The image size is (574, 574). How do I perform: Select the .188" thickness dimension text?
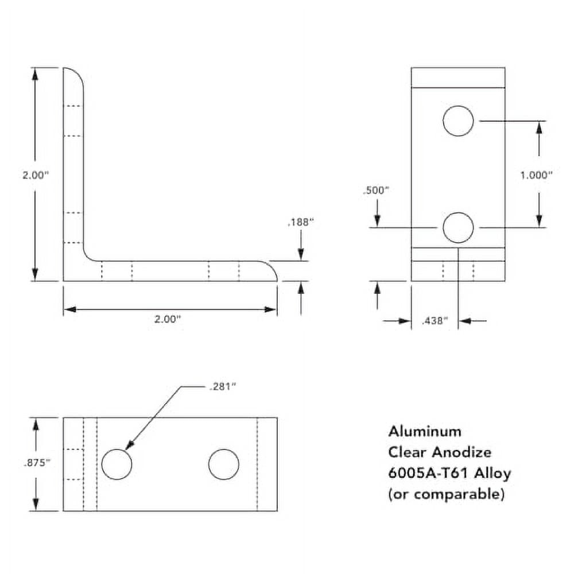[300, 222]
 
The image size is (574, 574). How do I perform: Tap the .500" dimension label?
[377, 191]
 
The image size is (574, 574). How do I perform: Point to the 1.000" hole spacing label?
[536, 176]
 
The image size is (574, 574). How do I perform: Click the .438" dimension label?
[434, 321]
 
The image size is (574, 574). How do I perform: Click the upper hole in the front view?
[458, 121]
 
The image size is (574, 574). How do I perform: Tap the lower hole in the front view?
[458, 227]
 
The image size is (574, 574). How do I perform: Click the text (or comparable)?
[447, 494]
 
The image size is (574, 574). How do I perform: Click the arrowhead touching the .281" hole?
[129, 446]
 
